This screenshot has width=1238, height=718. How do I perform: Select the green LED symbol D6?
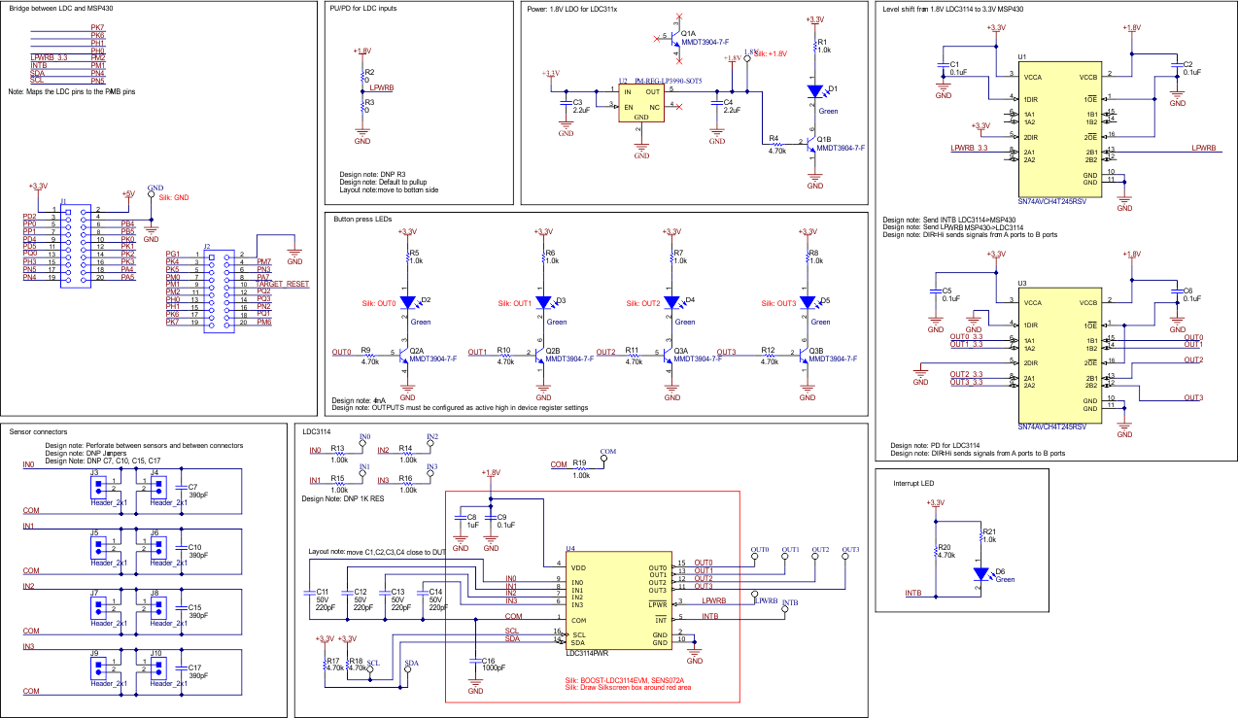979,573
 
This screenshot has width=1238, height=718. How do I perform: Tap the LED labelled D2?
408,301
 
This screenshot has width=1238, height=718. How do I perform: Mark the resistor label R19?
580,463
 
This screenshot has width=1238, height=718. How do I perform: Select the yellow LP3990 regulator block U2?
641,101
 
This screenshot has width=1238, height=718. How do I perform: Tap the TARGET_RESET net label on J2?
283,284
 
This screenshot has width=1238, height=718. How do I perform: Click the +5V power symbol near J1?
126,193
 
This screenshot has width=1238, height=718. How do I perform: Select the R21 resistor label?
989,532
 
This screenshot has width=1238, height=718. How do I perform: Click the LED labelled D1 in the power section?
816,90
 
